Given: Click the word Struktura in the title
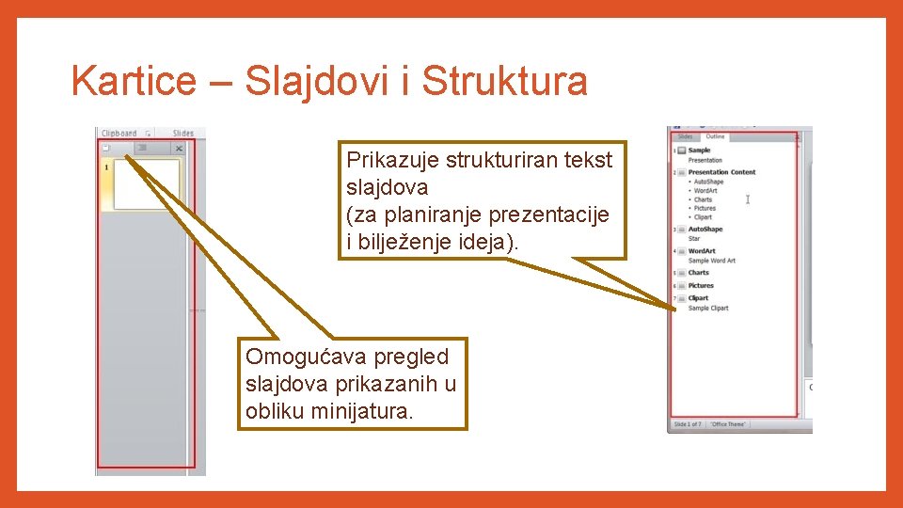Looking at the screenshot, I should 505,82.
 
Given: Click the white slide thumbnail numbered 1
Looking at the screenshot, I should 146,183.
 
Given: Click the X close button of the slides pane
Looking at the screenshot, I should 179,149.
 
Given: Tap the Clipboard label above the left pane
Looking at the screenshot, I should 119,134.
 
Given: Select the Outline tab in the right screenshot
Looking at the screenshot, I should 715,137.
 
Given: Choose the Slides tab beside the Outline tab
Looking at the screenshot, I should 685,137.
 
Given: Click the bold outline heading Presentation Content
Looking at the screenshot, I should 721,172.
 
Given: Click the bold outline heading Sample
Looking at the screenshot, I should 699,151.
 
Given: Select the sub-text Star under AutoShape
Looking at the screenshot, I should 694,239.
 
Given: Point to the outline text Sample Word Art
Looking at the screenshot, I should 712,261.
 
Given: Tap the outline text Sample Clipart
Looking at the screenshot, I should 708,309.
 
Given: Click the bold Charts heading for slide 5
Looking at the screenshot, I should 699,273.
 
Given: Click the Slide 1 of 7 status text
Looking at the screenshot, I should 688,424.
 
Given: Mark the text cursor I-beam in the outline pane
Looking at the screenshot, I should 748,198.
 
